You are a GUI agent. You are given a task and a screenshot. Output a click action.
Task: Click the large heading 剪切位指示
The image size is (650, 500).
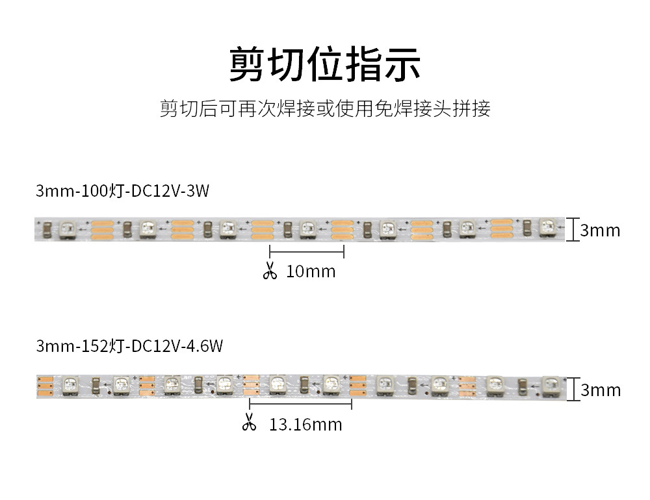(325, 64)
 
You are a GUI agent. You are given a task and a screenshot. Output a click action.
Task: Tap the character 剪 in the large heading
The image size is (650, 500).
(246, 64)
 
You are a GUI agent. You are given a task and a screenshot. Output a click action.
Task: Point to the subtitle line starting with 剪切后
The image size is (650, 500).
(325, 108)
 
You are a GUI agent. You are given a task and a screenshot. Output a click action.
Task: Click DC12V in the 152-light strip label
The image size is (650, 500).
(156, 346)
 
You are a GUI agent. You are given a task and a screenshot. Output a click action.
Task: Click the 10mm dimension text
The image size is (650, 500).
(311, 271)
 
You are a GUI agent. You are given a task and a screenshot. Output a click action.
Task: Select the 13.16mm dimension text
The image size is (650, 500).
(305, 425)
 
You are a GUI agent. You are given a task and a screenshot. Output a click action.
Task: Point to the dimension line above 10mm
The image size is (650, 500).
(307, 251)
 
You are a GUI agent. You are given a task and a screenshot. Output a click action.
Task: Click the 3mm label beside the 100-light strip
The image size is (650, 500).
(600, 231)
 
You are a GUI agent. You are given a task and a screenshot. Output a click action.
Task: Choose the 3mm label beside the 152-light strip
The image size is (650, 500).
(600, 390)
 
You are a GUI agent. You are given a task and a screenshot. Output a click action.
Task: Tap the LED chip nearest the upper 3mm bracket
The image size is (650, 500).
(544, 228)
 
